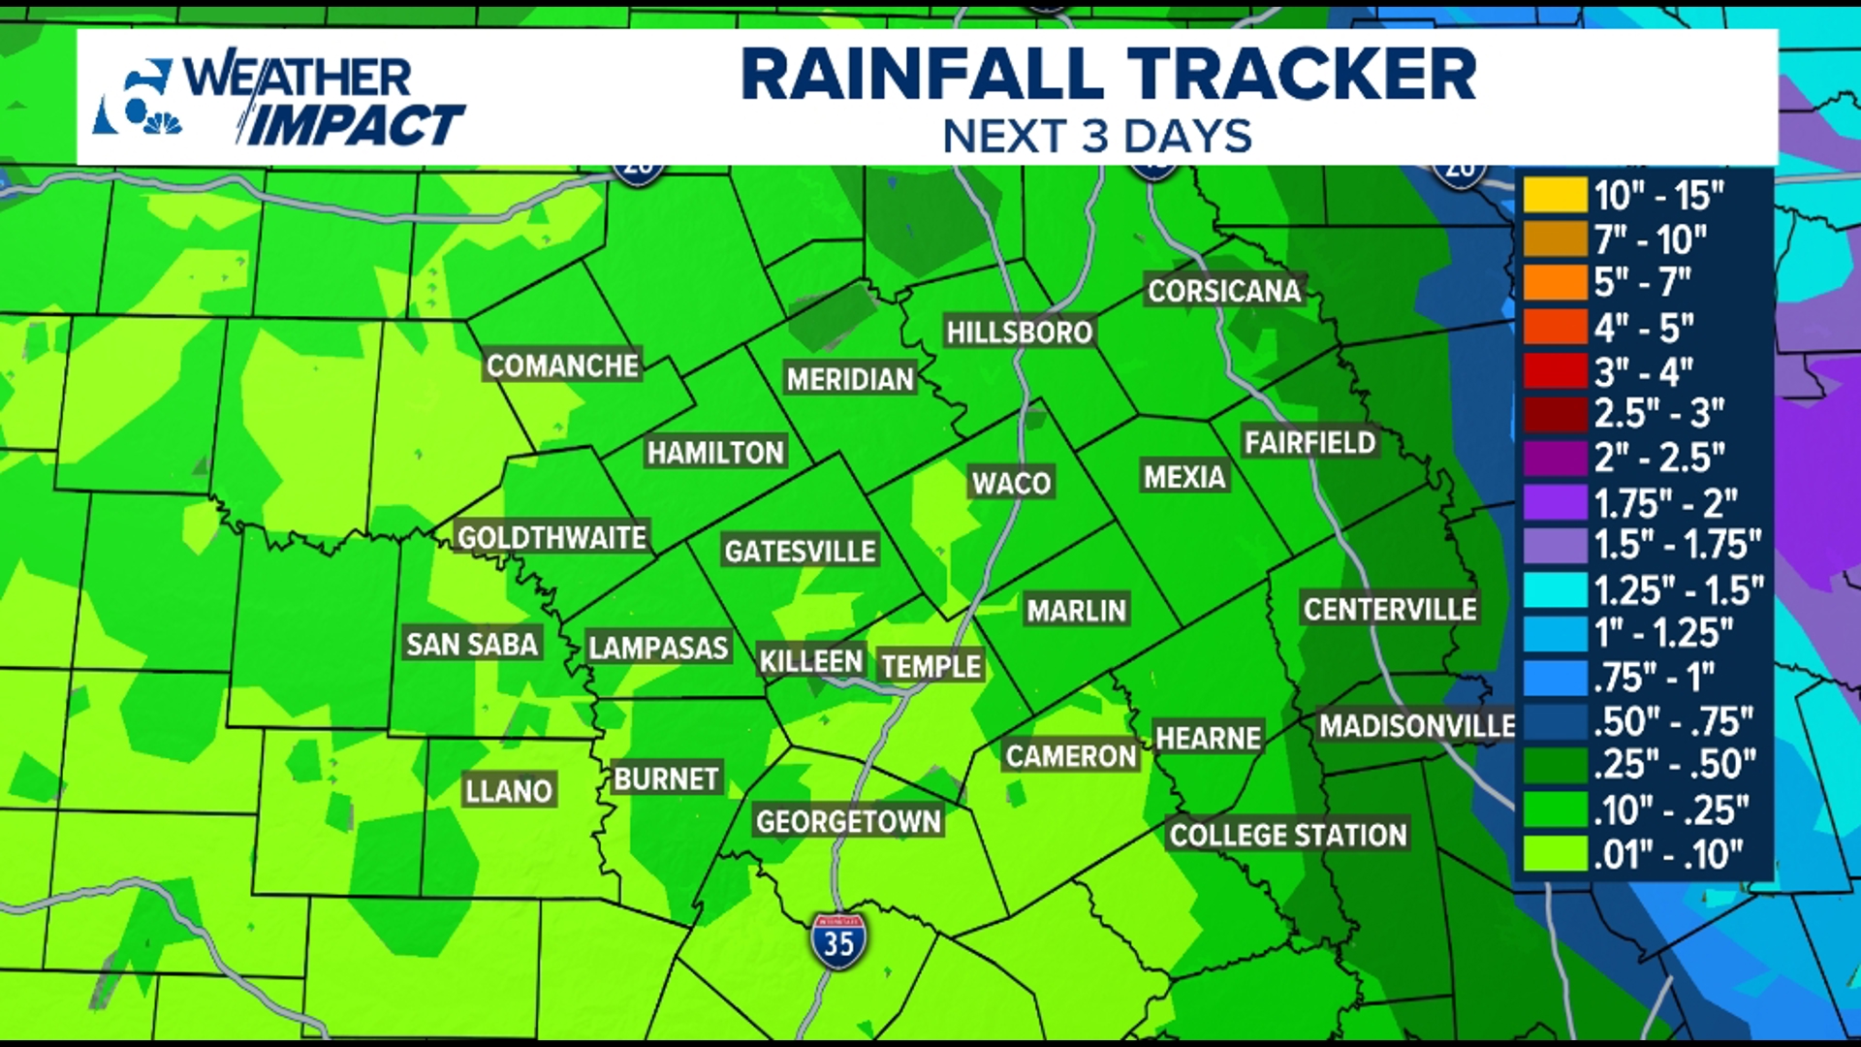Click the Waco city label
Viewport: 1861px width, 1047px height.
click(1011, 483)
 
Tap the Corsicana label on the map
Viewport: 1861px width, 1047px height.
click(1224, 291)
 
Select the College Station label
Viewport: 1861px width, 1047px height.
click(1287, 835)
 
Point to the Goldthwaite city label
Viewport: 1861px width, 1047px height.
click(552, 537)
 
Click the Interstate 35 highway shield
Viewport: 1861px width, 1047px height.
click(838, 941)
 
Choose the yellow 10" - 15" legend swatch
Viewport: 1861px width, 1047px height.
click(1555, 195)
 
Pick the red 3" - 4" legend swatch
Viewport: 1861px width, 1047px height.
click(1555, 371)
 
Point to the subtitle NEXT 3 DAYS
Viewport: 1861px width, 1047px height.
click(1097, 137)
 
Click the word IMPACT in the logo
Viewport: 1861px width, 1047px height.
click(355, 126)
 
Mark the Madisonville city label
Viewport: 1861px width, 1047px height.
click(1417, 725)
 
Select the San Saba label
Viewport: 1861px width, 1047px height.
click(472, 644)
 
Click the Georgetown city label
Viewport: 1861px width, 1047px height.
click(848, 821)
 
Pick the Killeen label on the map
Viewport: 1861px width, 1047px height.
click(810, 661)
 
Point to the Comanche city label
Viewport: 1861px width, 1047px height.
click(562, 365)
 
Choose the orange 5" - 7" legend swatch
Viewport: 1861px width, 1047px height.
click(1555, 283)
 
